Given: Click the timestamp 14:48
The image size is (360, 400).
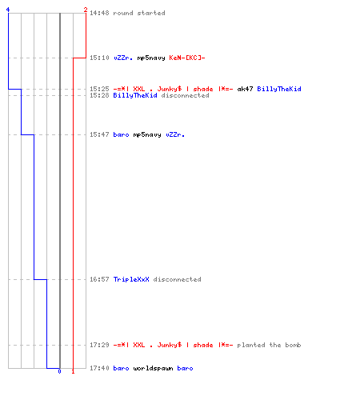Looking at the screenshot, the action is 99,13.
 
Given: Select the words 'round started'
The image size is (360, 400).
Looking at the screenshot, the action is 139,13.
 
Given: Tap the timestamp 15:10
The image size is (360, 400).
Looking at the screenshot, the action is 99,58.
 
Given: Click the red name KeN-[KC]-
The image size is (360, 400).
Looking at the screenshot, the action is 187,58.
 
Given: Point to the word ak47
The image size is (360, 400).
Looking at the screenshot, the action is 245,89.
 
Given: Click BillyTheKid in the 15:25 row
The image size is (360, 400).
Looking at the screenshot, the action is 279,89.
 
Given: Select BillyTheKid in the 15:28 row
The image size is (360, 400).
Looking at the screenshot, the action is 135,95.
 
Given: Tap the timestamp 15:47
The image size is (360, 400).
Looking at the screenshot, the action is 99,134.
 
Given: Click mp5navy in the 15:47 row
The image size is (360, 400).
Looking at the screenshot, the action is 147,135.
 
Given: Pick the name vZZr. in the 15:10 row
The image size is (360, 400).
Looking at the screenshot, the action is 123,58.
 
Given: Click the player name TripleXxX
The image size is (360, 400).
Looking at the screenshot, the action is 131,279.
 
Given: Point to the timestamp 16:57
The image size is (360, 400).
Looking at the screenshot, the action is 99,279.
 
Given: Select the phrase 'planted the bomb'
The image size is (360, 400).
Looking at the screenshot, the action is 269,345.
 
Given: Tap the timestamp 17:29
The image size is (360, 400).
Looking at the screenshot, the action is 99,345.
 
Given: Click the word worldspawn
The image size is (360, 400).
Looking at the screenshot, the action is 153,368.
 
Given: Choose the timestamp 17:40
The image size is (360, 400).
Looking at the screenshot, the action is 99,368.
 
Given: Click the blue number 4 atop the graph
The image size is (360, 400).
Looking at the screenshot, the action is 8,10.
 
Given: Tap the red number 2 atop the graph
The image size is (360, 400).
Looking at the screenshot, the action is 86,10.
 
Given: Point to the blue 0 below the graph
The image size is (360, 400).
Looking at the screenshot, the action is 59,371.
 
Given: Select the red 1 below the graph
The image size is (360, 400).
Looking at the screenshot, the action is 73,371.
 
